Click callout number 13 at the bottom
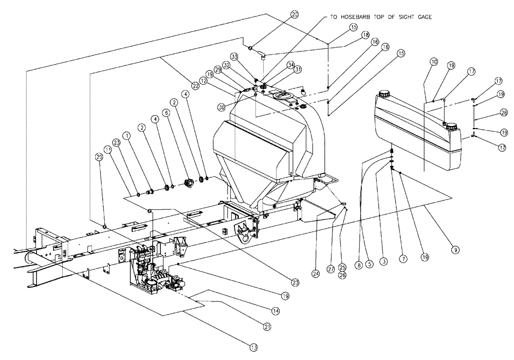(x=253, y=348)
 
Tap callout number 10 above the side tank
(x=434, y=62)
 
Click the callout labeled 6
(x=166, y=112)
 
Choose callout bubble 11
(x=108, y=150)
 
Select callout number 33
(x=234, y=56)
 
